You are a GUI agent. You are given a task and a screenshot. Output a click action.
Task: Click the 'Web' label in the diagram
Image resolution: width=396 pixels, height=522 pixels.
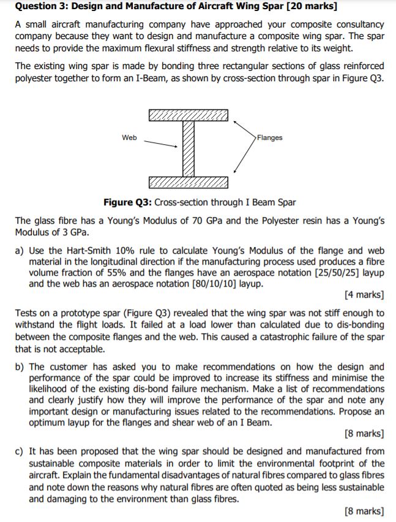[129, 138]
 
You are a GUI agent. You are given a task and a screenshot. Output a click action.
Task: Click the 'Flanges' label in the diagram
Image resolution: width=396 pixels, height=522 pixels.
[270, 138]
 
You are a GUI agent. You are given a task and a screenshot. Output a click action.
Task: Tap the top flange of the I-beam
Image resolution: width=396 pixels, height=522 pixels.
[187, 115]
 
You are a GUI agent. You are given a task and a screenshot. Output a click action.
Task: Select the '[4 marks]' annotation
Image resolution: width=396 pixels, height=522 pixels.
[365, 295]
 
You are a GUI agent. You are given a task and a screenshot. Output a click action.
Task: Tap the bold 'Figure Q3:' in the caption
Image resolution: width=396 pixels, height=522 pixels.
[128, 202]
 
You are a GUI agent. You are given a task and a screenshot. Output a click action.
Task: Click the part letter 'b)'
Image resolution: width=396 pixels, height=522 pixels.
[20, 367]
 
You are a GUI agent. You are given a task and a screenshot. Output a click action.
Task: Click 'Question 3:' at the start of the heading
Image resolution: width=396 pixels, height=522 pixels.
[41, 7]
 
